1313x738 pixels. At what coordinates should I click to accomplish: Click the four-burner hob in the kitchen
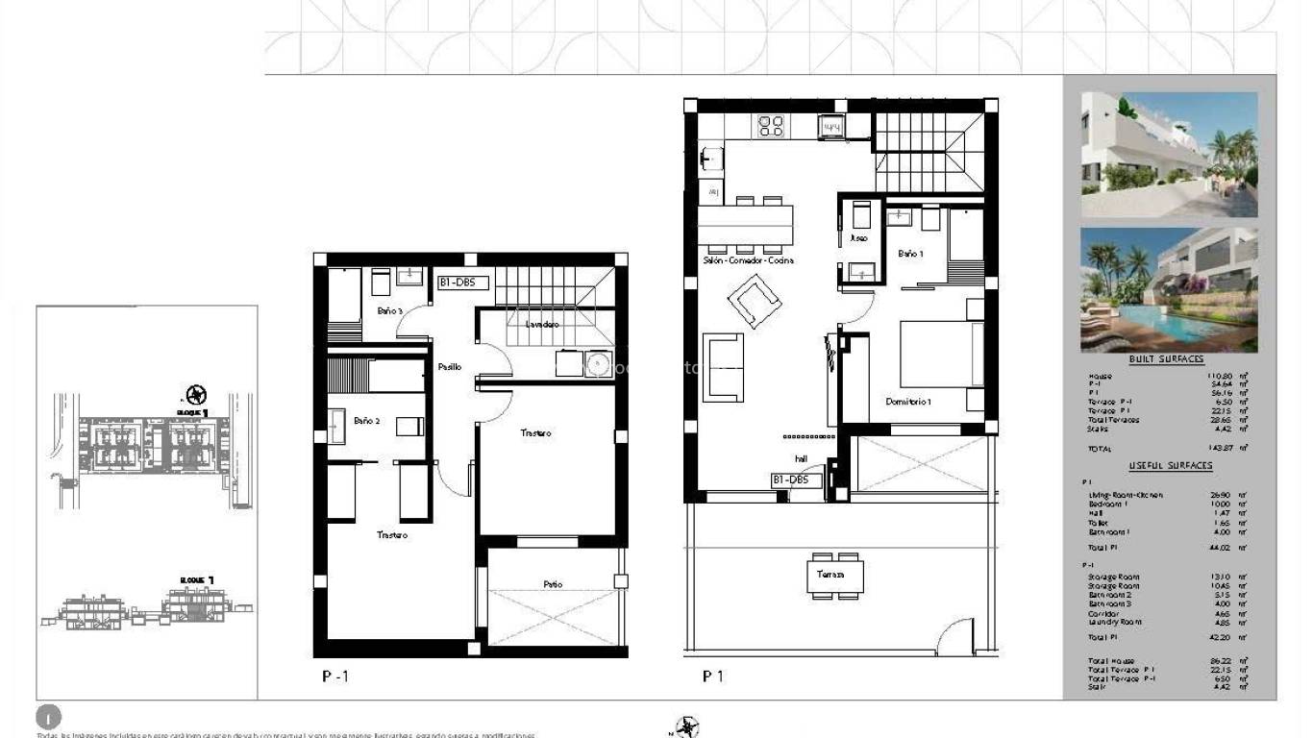click(x=771, y=126)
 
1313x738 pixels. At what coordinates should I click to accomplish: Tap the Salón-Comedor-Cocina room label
click(x=748, y=260)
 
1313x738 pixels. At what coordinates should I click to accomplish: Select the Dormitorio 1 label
click(x=907, y=402)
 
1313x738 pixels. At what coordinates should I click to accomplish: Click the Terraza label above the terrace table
click(x=830, y=574)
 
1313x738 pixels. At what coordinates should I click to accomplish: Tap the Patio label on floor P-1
click(x=552, y=584)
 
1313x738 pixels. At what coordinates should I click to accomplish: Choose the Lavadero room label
click(x=542, y=325)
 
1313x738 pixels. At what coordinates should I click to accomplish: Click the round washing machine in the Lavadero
click(x=599, y=364)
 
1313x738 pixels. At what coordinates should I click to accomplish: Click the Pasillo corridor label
click(x=449, y=367)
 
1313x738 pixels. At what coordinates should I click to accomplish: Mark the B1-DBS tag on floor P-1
click(x=463, y=283)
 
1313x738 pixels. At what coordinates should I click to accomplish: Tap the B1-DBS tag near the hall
click(x=797, y=480)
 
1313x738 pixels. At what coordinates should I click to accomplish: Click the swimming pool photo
click(x=1168, y=289)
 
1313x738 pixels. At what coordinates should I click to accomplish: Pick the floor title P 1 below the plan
click(x=712, y=676)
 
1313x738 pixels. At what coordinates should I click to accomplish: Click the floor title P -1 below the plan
click(x=335, y=676)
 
